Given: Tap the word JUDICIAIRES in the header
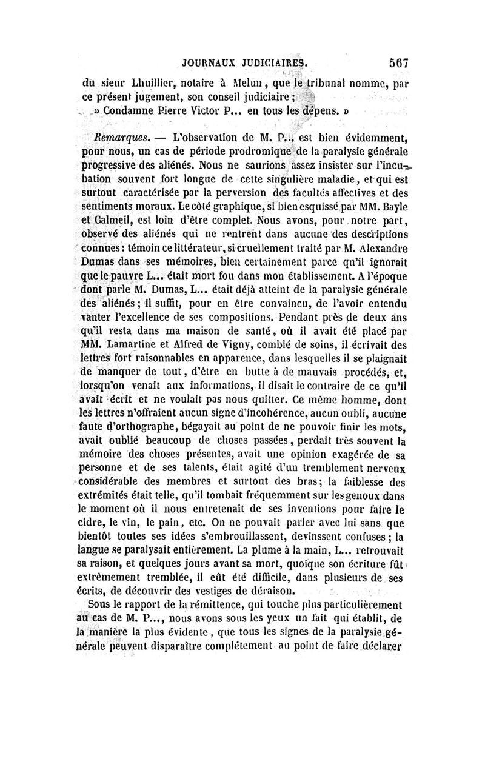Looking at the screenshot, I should [x=276, y=62].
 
